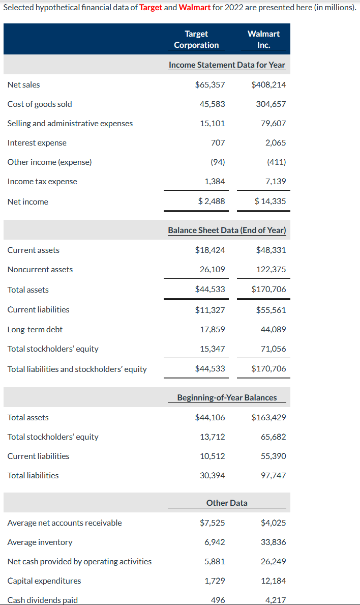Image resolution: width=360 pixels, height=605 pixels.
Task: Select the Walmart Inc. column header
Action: point(263,39)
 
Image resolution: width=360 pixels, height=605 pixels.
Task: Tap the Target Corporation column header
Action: point(196,39)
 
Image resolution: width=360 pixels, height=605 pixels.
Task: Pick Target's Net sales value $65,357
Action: point(210,85)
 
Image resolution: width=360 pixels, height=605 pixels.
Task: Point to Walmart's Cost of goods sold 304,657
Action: point(271,104)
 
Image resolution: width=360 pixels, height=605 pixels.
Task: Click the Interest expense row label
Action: point(37,143)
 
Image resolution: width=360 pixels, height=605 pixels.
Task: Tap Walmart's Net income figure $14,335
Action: point(270,201)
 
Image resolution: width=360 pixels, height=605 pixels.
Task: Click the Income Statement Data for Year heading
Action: point(227,65)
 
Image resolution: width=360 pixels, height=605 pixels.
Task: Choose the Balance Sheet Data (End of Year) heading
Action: point(227,231)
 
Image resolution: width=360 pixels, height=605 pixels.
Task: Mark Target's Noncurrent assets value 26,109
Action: point(213,270)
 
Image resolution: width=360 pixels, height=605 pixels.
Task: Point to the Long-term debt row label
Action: point(35,330)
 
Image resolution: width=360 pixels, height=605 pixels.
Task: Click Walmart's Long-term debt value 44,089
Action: point(273,330)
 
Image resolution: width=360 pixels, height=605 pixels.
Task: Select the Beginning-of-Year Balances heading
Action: point(227,397)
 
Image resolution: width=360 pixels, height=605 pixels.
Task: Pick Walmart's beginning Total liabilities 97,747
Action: point(273,476)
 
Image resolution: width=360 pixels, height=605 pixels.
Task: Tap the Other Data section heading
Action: point(227,503)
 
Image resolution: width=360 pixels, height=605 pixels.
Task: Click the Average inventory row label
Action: point(40,542)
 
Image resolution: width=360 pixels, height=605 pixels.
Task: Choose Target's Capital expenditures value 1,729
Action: point(215,581)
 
